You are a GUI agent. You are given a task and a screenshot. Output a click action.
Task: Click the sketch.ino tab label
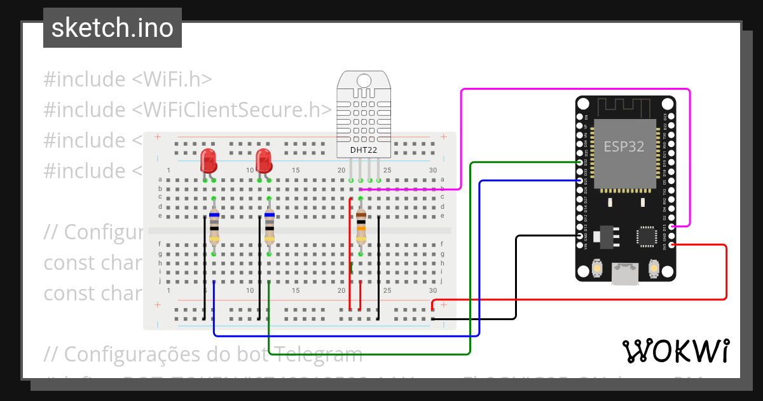tap(113, 28)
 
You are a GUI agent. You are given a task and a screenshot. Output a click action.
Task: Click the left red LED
tap(208, 160)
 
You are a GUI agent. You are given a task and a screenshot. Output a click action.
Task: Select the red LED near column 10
tap(263, 160)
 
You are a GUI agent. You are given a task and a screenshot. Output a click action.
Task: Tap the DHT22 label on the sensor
tap(364, 150)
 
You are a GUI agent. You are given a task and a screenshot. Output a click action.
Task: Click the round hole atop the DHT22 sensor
tap(364, 80)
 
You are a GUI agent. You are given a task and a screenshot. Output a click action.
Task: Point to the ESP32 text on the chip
tap(623, 146)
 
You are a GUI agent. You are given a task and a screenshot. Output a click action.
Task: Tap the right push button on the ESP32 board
tap(653, 269)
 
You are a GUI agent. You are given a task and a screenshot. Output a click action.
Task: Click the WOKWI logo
tap(675, 351)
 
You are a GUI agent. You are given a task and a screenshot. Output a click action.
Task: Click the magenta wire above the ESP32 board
tap(572, 90)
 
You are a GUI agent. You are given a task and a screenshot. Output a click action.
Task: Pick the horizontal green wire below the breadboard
tap(369, 354)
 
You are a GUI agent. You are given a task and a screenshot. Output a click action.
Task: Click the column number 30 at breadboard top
tap(433, 170)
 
